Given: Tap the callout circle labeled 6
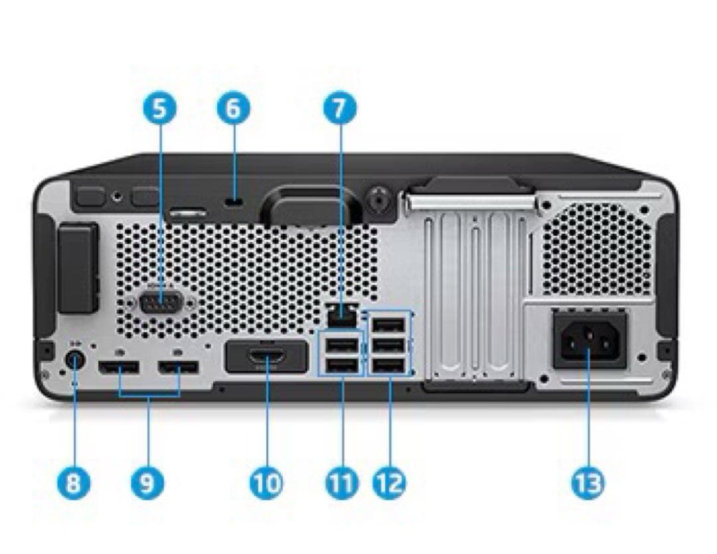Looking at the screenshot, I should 233,109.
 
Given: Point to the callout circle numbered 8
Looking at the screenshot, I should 74,483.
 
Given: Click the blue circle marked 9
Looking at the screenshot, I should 147,483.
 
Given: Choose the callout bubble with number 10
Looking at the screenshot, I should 266,483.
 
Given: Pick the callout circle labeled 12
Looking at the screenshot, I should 390,483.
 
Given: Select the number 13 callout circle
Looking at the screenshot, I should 588,483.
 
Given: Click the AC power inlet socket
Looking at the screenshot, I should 590,341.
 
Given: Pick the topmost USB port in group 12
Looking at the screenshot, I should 388,325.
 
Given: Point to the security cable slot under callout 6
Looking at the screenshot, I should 233,202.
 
